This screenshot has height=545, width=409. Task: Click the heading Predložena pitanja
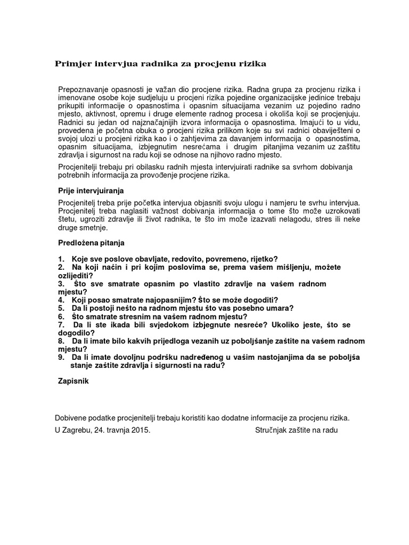point(91,243)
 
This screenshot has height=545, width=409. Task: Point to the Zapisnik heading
point(73,381)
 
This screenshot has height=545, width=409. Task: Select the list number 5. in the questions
point(61,308)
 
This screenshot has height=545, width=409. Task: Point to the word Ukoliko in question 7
point(287,325)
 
